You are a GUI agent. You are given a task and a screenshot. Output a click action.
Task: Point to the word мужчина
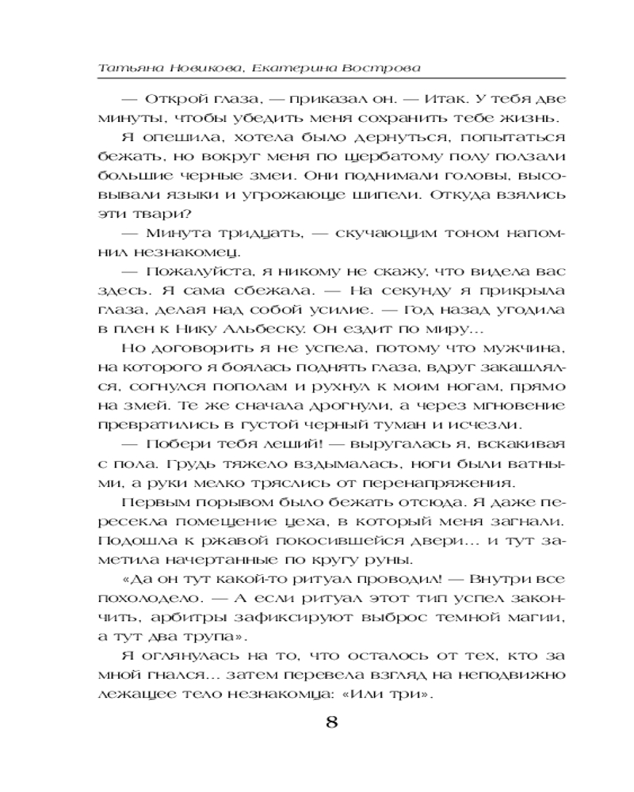coord(526,348)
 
